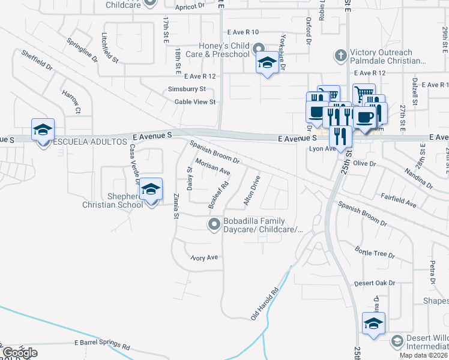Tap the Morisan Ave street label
coord(212,167)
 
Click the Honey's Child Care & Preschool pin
coord(259,49)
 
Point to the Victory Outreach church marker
coord(340,56)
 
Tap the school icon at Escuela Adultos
coord(43,130)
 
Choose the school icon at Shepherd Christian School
coord(151,190)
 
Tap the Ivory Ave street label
coord(203,258)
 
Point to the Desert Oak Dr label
coord(375,283)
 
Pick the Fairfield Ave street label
coord(399,200)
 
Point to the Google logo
coord(20,353)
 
